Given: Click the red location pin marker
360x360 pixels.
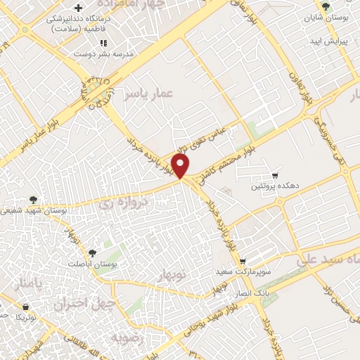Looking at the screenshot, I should tap(182, 166).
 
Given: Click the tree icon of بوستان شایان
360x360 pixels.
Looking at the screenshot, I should tap(324, 6).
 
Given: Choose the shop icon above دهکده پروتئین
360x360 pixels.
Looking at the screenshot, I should tap(275, 174).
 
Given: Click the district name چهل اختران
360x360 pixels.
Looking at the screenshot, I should tap(76, 304).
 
